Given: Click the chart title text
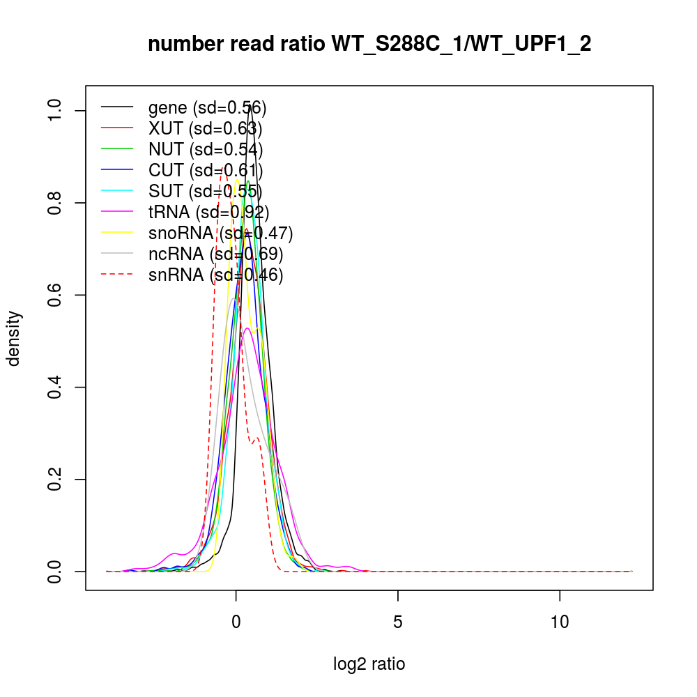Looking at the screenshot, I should click(x=369, y=45).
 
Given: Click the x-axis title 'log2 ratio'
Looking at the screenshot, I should click(x=369, y=664).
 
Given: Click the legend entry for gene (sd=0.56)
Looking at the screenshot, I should click(x=207, y=107).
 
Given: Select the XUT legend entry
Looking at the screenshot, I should click(x=205, y=128).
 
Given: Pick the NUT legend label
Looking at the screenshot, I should click(x=206, y=149).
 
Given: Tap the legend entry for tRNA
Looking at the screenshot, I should click(x=208, y=212).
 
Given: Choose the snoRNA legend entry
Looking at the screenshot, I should click(x=220, y=233).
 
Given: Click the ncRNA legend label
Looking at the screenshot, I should click(x=215, y=254).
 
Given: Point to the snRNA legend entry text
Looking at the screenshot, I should click(x=215, y=275).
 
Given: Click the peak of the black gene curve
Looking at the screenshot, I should click(x=249, y=106).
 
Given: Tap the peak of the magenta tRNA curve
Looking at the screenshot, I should click(x=247, y=328).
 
